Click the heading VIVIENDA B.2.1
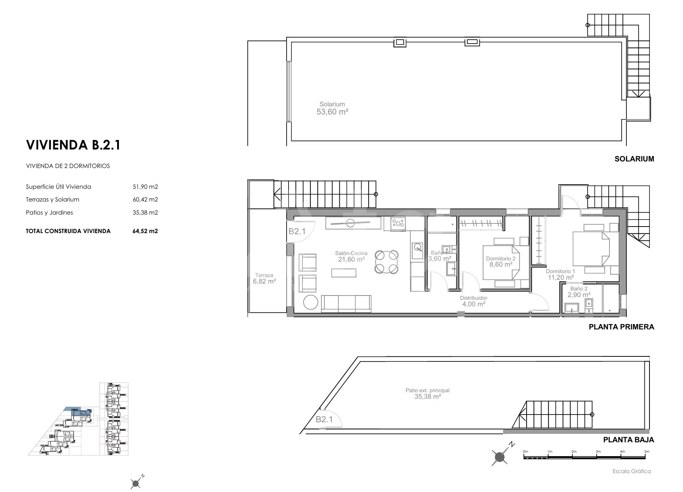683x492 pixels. point(73,145)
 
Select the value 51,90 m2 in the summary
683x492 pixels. point(145,187)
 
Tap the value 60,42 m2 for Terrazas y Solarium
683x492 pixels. point(145,200)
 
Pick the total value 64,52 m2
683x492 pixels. point(145,231)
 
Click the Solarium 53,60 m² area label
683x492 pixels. point(332,109)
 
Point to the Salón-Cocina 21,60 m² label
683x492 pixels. point(351,257)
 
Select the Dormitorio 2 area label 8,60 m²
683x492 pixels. point(501,262)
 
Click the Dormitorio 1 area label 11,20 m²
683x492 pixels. point(560,274)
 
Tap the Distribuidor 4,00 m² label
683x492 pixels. point(473,301)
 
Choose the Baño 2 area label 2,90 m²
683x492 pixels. point(579,292)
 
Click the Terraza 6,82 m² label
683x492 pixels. point(264,279)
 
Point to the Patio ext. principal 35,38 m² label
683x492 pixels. point(428,393)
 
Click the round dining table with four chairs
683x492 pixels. point(386,262)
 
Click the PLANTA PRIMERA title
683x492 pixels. point(621,327)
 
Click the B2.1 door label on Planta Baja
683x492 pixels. point(324,420)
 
